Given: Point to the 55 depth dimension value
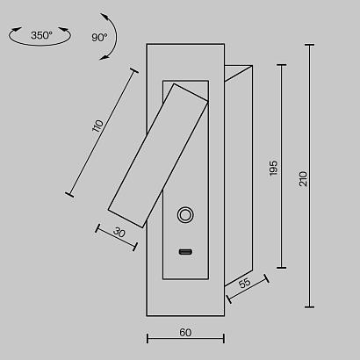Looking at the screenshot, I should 245,283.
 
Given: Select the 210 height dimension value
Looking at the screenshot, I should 303,177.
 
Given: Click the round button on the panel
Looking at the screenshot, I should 185,214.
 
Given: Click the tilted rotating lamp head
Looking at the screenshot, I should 158,149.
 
